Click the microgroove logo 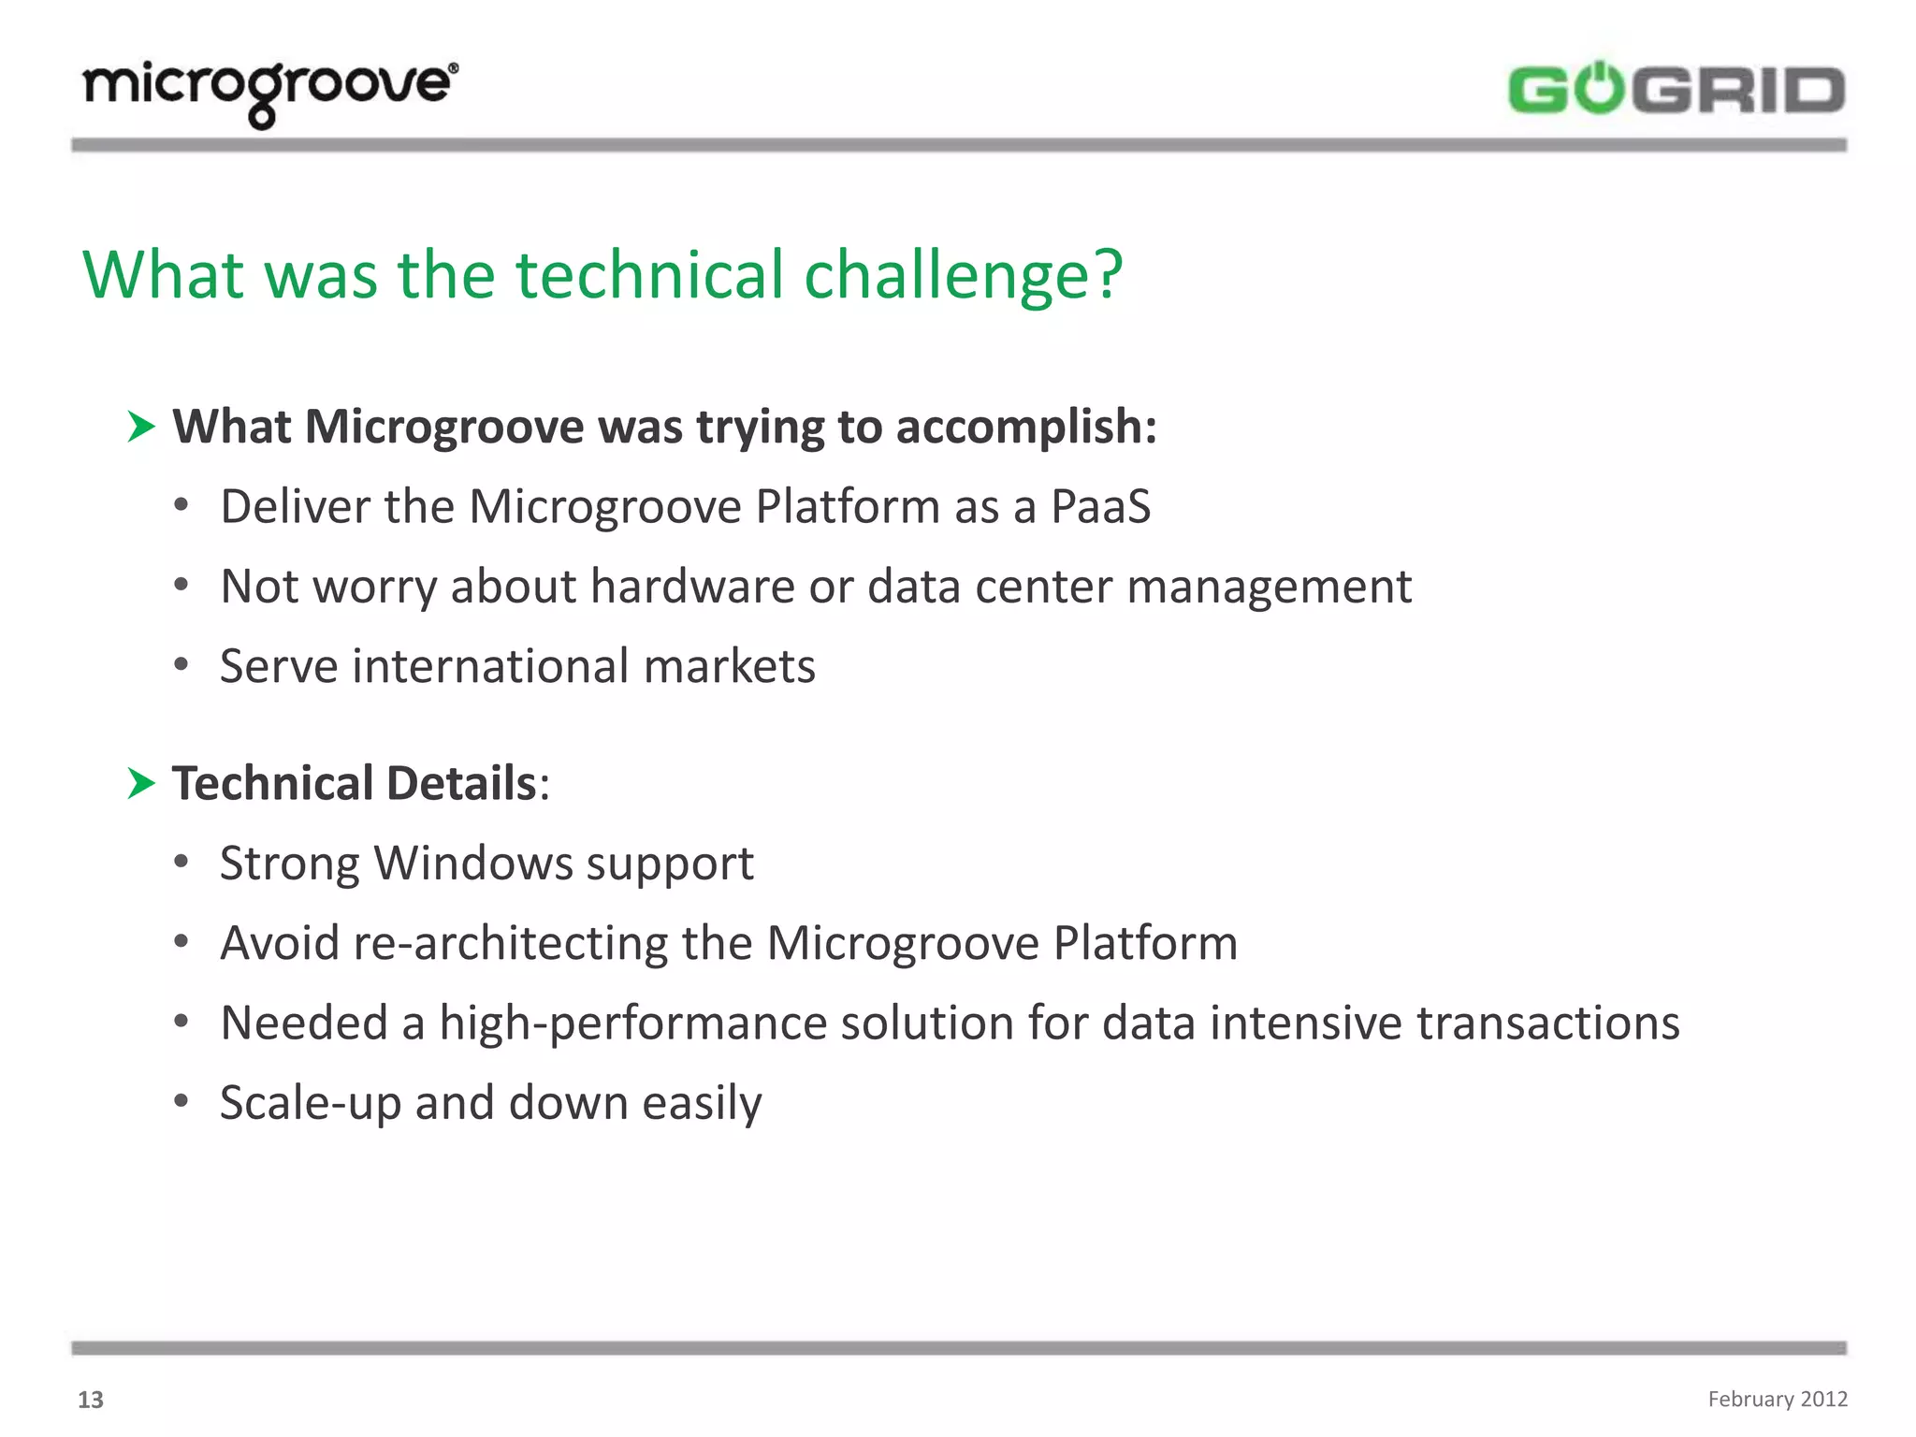[x=269, y=91]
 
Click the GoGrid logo [x=1676, y=91]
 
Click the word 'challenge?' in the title [x=963, y=275]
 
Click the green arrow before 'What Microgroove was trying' [x=141, y=428]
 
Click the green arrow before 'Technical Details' [x=141, y=783]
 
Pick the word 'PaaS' [x=1100, y=507]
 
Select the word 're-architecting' [x=510, y=943]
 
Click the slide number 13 [x=91, y=1400]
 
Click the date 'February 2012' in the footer [x=1777, y=1399]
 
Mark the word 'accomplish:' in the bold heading [x=1025, y=428]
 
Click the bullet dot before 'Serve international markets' [x=181, y=665]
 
